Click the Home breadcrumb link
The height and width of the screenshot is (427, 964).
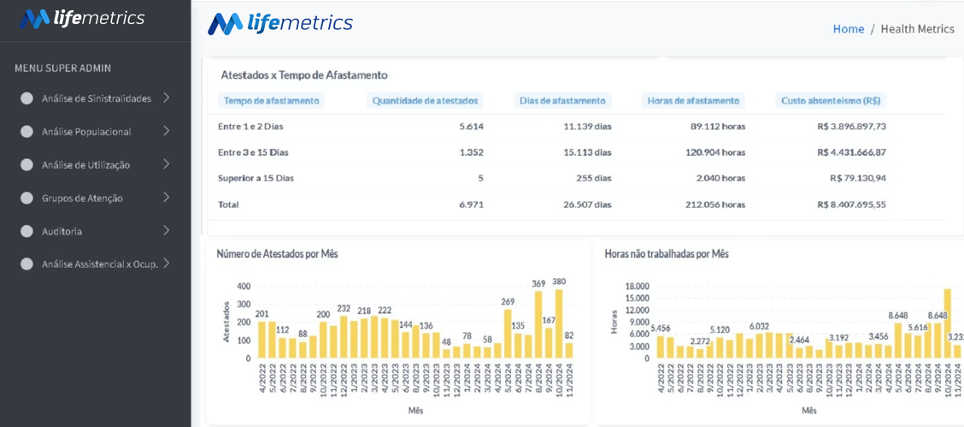click(x=848, y=29)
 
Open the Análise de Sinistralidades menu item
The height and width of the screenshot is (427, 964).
click(x=96, y=98)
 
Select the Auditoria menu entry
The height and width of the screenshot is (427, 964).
click(x=62, y=231)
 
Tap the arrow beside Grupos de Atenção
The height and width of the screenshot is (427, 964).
click(x=166, y=198)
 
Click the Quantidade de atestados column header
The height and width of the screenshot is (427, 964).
click(x=425, y=101)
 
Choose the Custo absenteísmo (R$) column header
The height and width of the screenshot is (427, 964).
click(x=831, y=101)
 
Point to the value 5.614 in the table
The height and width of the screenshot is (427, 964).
click(x=471, y=127)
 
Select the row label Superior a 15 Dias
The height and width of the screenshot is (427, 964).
click(x=256, y=179)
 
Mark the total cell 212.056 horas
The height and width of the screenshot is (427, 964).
click(x=715, y=205)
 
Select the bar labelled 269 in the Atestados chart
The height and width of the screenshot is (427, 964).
click(x=508, y=334)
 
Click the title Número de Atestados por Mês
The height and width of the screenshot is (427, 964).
click(x=277, y=254)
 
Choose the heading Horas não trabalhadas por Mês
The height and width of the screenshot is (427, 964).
click(x=667, y=254)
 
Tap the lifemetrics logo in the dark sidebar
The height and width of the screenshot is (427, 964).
click(x=82, y=19)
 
